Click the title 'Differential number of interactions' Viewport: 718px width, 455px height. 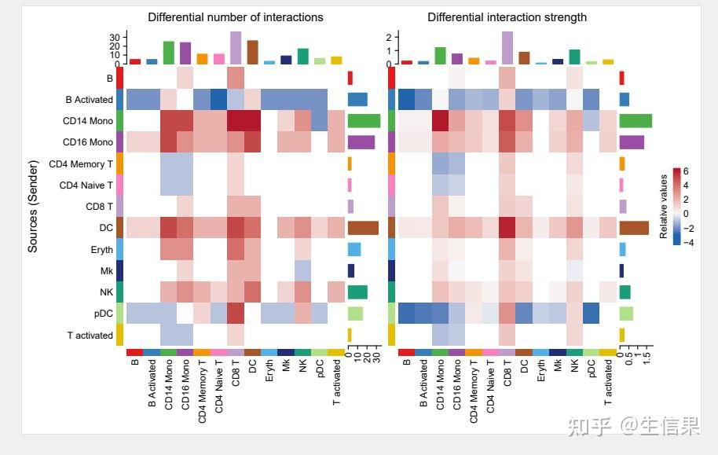click(236, 17)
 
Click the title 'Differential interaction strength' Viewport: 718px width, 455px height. click(507, 17)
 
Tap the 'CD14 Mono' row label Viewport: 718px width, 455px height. click(88, 121)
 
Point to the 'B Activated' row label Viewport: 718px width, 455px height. click(90, 100)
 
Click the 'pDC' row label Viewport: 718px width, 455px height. click(103, 314)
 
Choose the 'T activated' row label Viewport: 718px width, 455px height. click(90, 335)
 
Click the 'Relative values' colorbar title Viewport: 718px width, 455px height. click(664, 206)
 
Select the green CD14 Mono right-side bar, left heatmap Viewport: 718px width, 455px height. click(364, 121)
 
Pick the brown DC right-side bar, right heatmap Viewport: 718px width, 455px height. click(634, 228)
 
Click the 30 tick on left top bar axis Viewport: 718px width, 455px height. click(115, 37)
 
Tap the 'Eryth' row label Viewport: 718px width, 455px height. click(102, 249)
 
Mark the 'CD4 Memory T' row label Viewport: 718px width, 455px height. click(82, 163)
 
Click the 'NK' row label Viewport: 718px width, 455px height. click(106, 292)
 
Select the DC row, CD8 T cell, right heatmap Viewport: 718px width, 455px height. click(507, 228)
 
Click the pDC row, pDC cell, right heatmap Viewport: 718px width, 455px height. click(592, 314)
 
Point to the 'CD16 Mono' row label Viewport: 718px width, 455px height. click(88, 142)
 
